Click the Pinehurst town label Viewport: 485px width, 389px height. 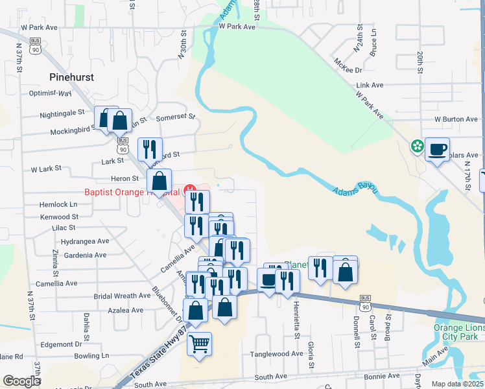pyautogui.click(x=71, y=77)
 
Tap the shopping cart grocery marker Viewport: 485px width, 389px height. pyautogui.click(x=200, y=344)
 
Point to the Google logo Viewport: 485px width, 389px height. pyautogui.click(x=21, y=381)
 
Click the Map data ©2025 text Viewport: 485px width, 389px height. pyautogui.click(x=458, y=384)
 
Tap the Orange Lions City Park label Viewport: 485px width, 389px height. pyautogui.click(x=459, y=332)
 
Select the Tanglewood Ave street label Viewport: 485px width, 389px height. pyautogui.click(x=278, y=354)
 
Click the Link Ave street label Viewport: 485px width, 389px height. pyautogui.click(x=370, y=85)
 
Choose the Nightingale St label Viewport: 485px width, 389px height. pyautogui.click(x=62, y=112)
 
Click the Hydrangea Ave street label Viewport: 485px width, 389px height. pyautogui.click(x=84, y=241)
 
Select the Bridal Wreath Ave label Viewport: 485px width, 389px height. pyautogui.click(x=123, y=296)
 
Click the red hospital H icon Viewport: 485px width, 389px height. pyautogui.click(x=191, y=189)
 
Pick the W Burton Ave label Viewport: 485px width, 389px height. pyautogui.click(x=456, y=119)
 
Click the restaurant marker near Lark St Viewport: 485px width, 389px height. pyautogui.click(x=150, y=149)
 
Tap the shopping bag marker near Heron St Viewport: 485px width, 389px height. pyautogui.click(x=159, y=182)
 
